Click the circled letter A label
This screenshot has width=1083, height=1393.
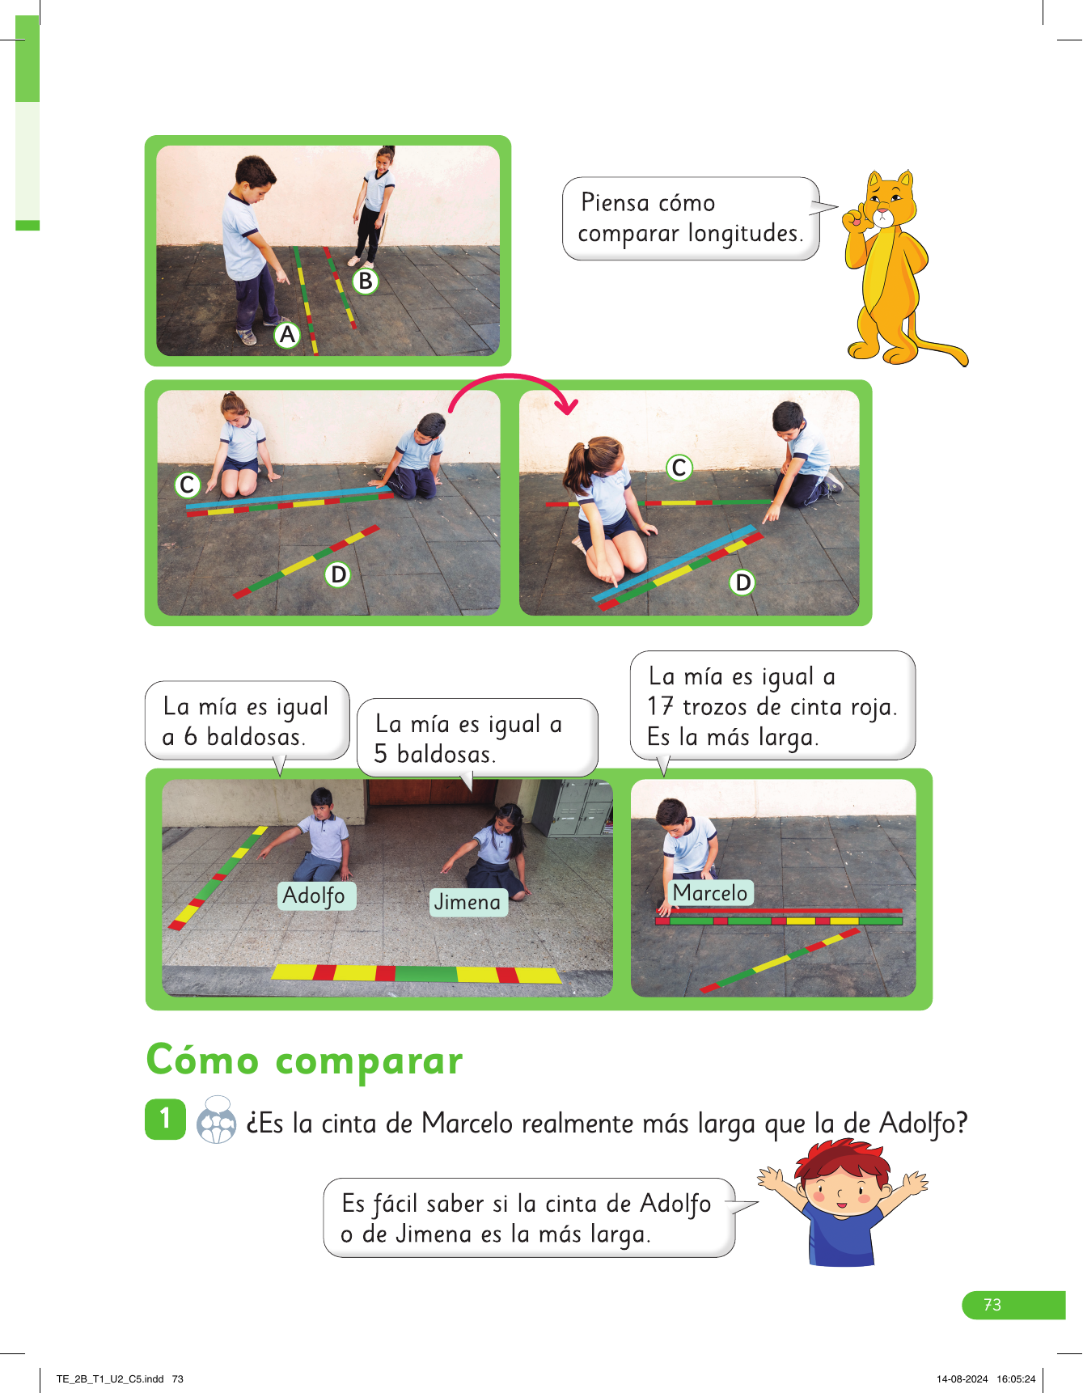(x=287, y=334)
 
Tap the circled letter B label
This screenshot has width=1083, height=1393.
(x=366, y=281)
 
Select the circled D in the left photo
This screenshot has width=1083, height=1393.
(x=338, y=574)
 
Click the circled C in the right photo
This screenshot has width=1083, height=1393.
(x=679, y=467)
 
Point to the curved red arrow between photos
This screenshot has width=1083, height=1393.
(x=510, y=376)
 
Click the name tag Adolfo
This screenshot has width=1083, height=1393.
(x=314, y=895)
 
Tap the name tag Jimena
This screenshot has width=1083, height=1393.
(x=467, y=902)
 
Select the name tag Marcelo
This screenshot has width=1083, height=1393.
(x=710, y=892)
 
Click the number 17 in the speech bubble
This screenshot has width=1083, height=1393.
(x=660, y=706)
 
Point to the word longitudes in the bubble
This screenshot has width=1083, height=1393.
(x=746, y=233)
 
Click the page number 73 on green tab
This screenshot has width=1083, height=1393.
(x=992, y=1305)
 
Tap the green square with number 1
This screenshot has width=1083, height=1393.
(x=166, y=1119)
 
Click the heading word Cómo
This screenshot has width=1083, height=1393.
(x=203, y=1060)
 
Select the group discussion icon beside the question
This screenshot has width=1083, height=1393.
(x=217, y=1120)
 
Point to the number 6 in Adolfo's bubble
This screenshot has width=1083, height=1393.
(x=190, y=736)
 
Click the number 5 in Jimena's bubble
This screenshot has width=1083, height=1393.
(x=380, y=754)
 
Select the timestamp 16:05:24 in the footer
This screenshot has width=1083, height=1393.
(x=1016, y=1379)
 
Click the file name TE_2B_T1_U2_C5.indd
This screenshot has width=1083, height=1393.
(x=110, y=1379)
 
